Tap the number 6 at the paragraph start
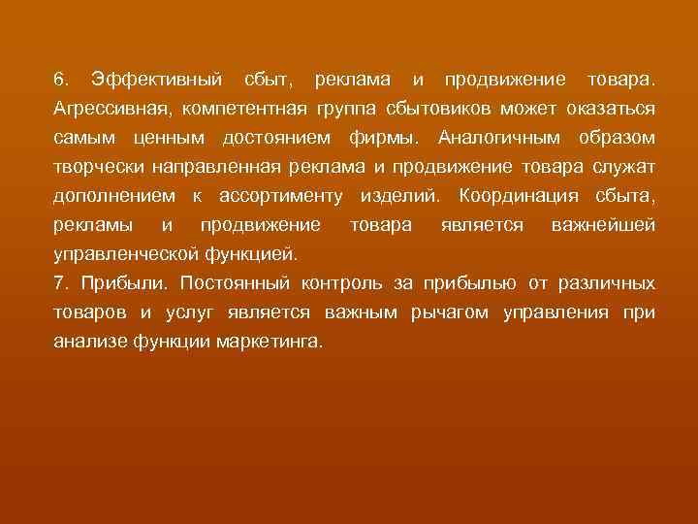coord(59,77)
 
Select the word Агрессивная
coord(110,107)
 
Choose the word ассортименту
coord(282,197)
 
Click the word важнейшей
coord(602,226)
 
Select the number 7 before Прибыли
coord(59,285)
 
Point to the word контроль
coord(344,285)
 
